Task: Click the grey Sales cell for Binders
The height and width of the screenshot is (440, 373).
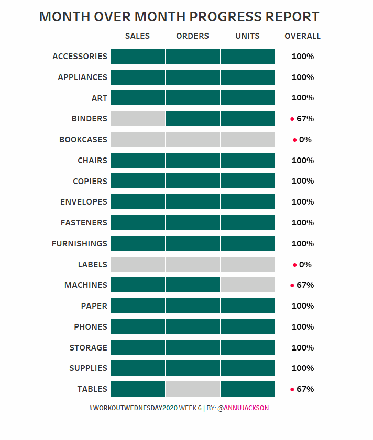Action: point(138,119)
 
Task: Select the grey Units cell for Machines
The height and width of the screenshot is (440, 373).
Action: point(248,285)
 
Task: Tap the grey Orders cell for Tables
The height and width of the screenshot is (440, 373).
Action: point(193,389)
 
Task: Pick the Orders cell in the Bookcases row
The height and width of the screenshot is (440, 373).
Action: point(193,140)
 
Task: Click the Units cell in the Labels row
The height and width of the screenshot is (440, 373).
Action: point(248,264)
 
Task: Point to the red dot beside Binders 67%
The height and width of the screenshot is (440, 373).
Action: point(292,119)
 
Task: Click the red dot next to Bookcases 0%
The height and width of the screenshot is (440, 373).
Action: point(294,140)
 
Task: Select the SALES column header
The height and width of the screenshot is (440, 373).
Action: point(137,36)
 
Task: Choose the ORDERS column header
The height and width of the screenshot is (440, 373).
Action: point(192,36)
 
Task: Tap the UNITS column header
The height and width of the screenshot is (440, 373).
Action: point(247,36)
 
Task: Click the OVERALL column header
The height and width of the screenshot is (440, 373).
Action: point(302,36)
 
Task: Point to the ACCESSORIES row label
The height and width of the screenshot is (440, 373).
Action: point(80,57)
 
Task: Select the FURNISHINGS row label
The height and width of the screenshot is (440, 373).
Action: point(79,244)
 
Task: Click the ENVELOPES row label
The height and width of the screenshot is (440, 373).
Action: point(83,202)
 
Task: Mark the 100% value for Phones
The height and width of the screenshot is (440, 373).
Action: point(302,327)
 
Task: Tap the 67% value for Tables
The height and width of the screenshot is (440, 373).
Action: point(305,389)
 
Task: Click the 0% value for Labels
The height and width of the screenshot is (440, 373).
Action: point(305,265)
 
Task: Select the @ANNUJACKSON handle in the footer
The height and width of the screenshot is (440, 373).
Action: point(243,408)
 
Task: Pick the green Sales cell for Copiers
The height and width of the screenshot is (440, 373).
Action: point(138,181)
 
